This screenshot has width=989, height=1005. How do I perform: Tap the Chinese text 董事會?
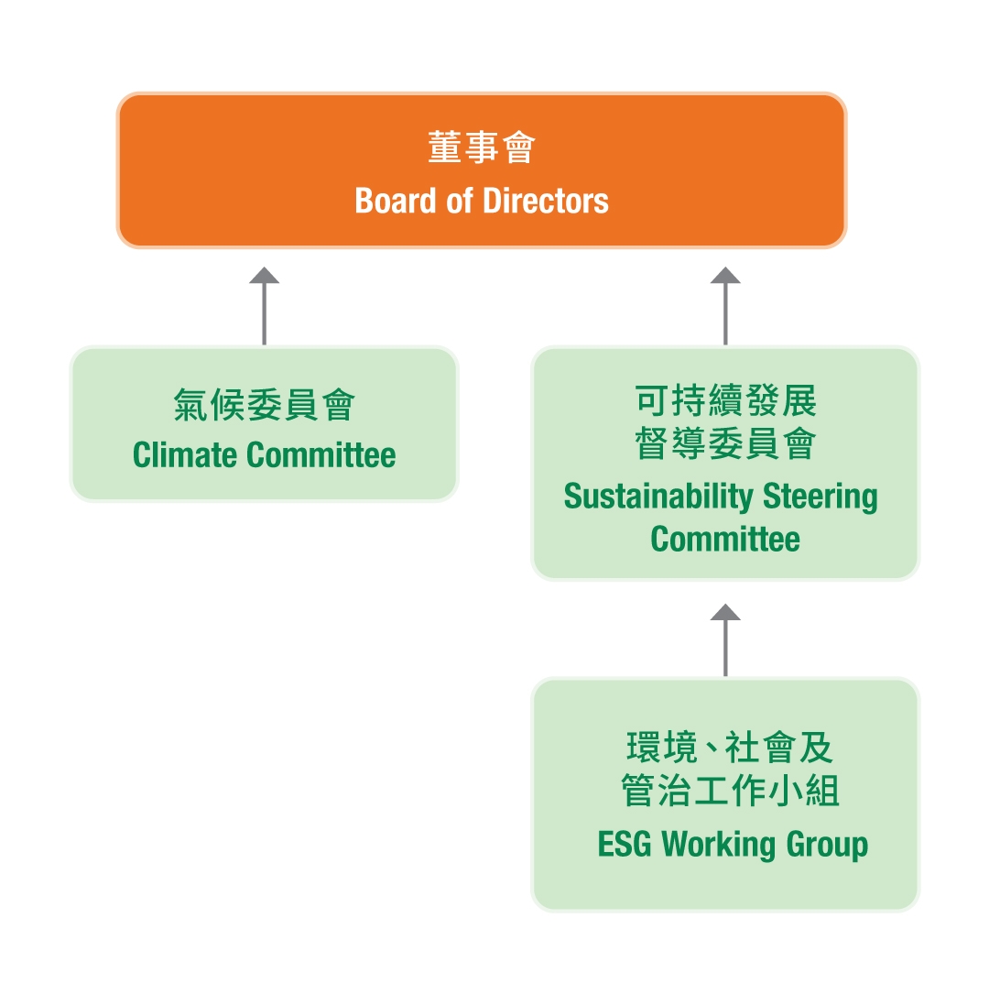coord(482,147)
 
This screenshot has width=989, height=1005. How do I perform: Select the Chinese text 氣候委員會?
coord(264,405)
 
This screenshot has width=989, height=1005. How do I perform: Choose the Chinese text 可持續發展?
coord(725,401)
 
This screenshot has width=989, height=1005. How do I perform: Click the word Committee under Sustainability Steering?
coord(725,539)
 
